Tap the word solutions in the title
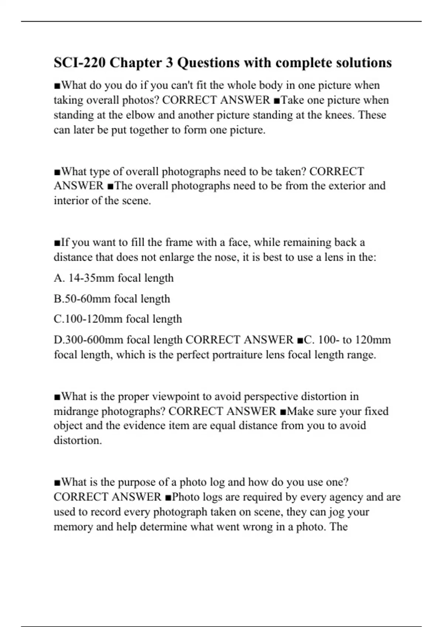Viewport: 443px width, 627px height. [363, 63]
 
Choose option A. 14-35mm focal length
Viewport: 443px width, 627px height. [114, 278]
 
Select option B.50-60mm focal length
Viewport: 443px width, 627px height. [112, 298]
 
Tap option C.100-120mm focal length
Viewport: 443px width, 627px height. [118, 319]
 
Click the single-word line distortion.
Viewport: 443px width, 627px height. [78, 440]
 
